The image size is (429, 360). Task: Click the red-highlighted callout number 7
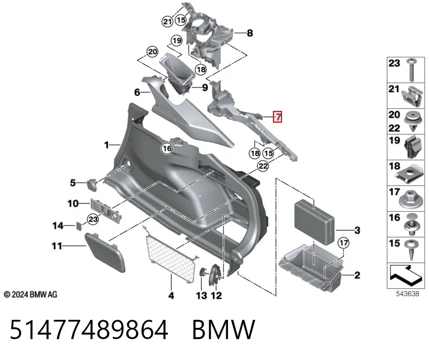(x=277, y=117)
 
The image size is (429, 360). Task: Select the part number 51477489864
(x=89, y=329)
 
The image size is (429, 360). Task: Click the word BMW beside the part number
(x=224, y=329)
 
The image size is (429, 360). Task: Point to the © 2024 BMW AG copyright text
(x=31, y=295)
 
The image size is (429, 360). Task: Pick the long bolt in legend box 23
(x=411, y=70)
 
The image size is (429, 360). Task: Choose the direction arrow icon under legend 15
(x=406, y=275)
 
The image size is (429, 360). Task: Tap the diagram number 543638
(x=408, y=294)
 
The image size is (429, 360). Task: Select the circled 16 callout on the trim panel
(x=167, y=148)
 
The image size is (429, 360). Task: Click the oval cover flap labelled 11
(x=105, y=252)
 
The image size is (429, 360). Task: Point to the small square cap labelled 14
(x=78, y=226)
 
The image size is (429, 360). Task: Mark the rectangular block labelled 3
(x=314, y=222)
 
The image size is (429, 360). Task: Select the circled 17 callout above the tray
(x=343, y=243)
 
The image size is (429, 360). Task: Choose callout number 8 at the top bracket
(x=250, y=33)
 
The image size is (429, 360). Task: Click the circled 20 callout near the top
(x=152, y=51)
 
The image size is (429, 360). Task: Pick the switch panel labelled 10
(x=106, y=210)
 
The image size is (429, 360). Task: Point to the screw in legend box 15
(x=411, y=250)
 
